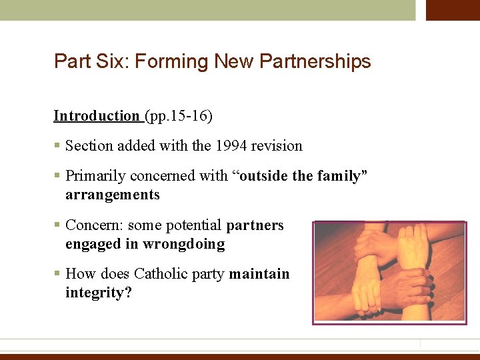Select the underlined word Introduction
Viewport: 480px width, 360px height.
click(x=96, y=116)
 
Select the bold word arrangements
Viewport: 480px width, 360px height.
click(x=113, y=195)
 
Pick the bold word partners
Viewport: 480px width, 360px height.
click(x=255, y=225)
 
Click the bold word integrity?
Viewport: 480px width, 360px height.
click(x=99, y=293)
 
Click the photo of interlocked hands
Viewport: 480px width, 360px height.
click(x=389, y=273)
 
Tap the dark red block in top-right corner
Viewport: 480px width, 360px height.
click(x=453, y=10)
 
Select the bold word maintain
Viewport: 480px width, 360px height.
click(x=259, y=274)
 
